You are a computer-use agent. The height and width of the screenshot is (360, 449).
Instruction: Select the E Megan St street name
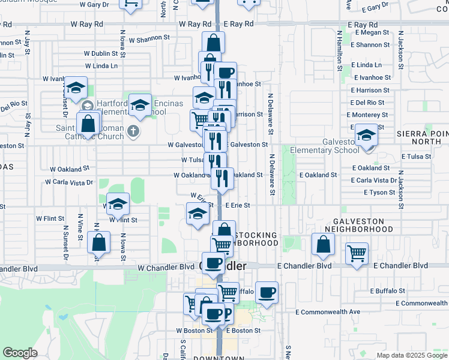372,33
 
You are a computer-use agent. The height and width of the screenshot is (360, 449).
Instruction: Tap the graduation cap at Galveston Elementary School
366,134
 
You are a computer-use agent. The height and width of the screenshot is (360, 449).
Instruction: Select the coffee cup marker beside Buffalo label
267,292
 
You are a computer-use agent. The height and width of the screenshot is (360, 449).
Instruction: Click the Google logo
20,353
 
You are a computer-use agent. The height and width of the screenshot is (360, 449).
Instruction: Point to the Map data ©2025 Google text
411,355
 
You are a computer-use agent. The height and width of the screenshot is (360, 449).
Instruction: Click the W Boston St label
193,331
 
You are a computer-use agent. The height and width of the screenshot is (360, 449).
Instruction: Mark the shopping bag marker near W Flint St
98,243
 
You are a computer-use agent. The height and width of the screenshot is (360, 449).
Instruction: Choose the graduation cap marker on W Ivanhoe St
76,88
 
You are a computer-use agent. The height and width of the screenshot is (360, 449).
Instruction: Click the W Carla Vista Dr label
70,182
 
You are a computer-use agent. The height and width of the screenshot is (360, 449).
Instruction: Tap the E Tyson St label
379,192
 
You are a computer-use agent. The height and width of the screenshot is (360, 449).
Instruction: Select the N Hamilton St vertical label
340,52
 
